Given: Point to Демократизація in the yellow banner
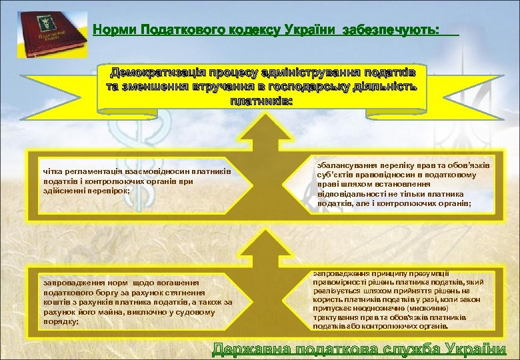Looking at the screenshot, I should (x=156, y=72).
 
